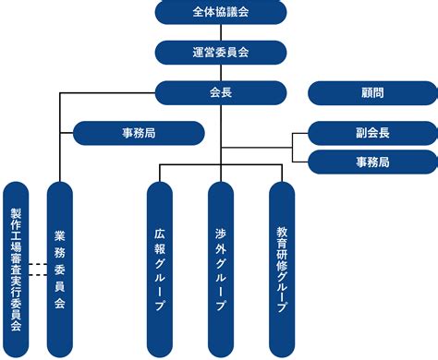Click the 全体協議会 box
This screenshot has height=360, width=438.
click(220, 13)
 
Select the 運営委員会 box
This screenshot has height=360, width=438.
click(220, 53)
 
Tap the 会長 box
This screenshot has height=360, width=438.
click(220, 92)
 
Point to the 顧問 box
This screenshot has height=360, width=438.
click(371, 92)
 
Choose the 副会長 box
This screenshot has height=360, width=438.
click(371, 133)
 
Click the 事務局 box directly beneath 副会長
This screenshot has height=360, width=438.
click(371, 162)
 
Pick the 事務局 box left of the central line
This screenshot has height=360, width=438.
click(139, 133)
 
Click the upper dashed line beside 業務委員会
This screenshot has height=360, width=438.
click(37, 265)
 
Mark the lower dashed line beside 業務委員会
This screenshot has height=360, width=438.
click(37, 274)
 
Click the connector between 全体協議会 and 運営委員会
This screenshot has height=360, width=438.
click(220, 32)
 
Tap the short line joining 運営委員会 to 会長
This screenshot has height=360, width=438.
click(220, 72)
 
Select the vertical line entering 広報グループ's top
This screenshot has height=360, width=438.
click(159, 173)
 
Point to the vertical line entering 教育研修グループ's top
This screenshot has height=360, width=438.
click(282, 173)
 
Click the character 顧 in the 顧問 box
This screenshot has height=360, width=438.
click(366, 92)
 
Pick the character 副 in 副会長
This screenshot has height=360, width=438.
click(359, 133)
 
